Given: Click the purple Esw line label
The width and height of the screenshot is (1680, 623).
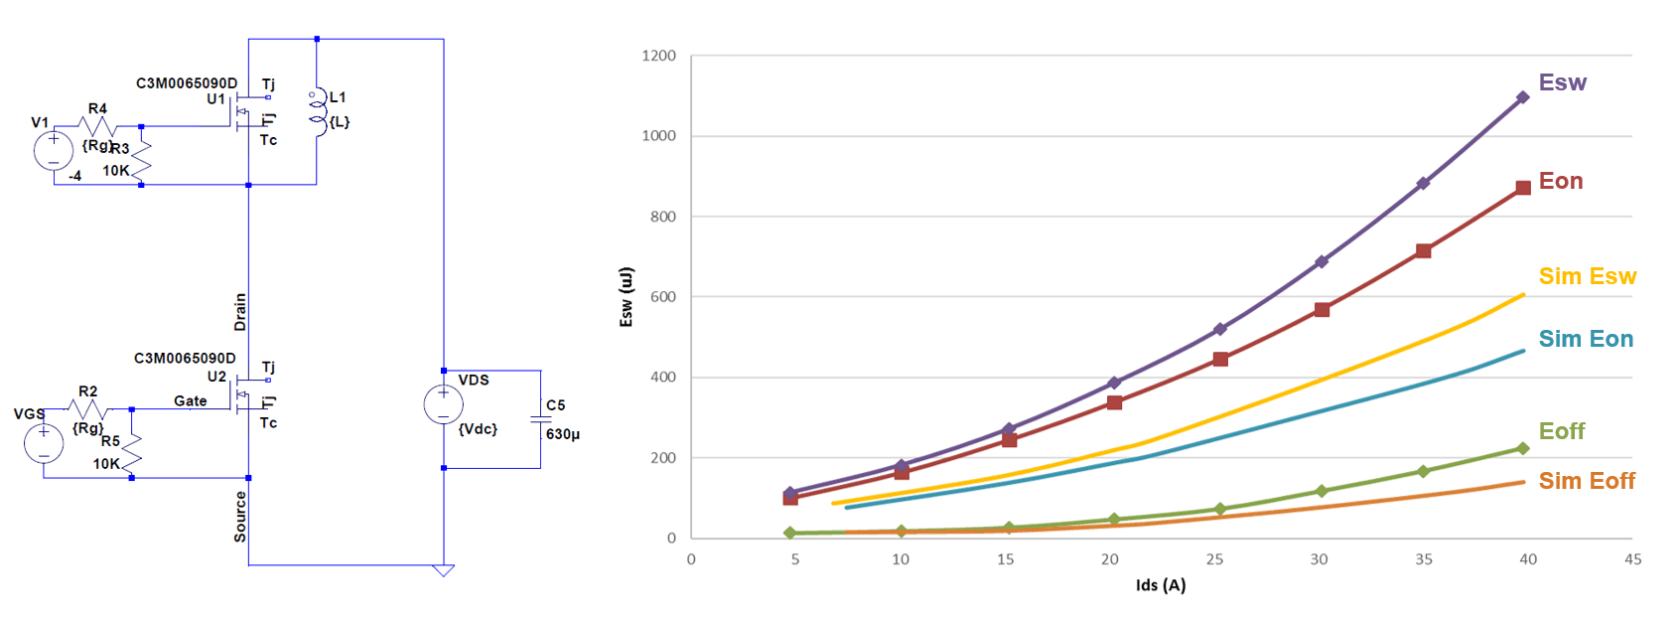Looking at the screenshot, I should click(1562, 82).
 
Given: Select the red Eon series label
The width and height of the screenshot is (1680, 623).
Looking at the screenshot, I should click(1560, 181).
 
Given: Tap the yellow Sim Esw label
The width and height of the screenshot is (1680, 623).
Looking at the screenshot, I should click(1587, 276).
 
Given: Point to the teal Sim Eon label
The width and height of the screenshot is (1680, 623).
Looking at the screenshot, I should click(1585, 339).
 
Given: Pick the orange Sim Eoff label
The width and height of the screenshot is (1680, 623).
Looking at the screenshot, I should click(1586, 481).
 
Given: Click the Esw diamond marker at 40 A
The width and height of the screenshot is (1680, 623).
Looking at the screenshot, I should click(1522, 97).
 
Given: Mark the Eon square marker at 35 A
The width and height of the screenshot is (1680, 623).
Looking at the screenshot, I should click(1423, 251).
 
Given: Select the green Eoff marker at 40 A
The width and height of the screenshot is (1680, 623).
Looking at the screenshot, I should click(1522, 449).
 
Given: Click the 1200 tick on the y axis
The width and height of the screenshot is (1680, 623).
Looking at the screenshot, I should click(658, 57).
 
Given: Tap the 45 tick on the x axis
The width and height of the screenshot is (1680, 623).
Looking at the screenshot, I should click(1632, 559).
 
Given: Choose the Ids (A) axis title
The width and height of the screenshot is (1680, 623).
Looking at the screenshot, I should click(1160, 585).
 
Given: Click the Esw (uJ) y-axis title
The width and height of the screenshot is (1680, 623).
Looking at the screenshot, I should click(626, 296).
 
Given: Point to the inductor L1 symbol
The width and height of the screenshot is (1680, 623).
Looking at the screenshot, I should click(318, 110).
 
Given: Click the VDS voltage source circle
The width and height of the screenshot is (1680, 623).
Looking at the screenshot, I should click(443, 404).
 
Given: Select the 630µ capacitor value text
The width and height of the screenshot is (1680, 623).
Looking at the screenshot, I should click(563, 434).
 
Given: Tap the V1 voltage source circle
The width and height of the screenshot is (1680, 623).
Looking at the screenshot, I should click(53, 150).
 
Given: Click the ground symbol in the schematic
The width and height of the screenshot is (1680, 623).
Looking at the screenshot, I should click(444, 570).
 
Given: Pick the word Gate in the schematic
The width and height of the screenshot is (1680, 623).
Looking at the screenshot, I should click(191, 401).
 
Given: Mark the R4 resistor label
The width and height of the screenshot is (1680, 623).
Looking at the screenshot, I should click(97, 109).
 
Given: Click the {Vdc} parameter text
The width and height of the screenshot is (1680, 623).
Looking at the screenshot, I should click(478, 429).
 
